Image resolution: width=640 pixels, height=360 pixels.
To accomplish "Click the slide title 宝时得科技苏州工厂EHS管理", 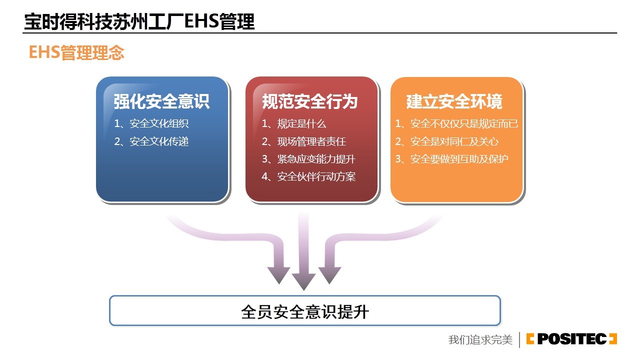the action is [x=139, y=21].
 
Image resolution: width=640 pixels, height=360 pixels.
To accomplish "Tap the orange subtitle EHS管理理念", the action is [x=76, y=52].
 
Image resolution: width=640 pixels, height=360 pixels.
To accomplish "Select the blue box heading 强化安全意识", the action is [x=161, y=101].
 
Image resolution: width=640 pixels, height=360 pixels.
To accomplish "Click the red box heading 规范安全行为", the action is [x=310, y=101].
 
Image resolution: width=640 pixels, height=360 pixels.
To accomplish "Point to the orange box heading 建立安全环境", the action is [x=454, y=101].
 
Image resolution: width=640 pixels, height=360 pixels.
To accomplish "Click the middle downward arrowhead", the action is [x=303, y=281].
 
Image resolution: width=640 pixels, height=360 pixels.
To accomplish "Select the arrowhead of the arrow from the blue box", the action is [x=279, y=275].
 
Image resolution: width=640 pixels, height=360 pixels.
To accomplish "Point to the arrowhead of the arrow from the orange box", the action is [x=329, y=275].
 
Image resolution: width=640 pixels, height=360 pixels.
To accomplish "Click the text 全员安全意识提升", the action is [x=305, y=311].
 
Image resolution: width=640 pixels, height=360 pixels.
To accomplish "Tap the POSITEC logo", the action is [x=571, y=339].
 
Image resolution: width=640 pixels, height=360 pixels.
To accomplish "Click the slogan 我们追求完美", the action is [x=480, y=339].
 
